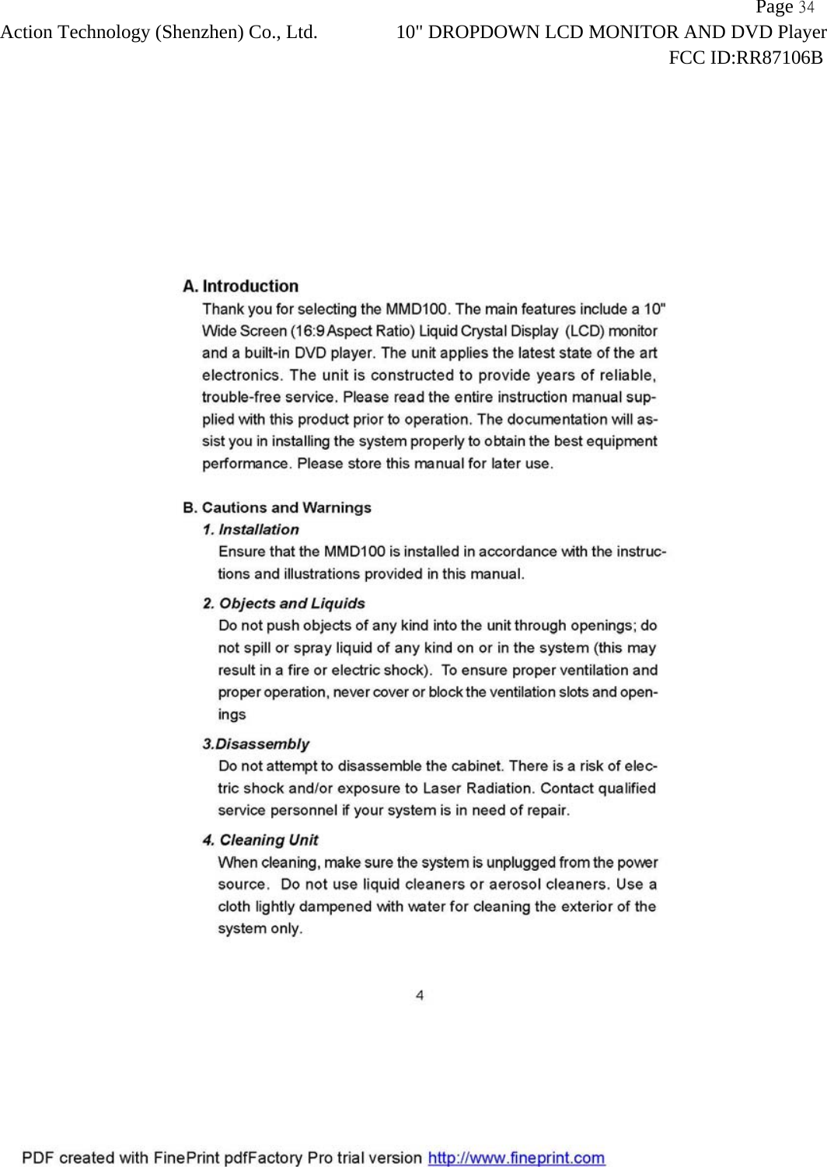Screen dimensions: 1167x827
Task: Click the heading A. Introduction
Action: [240, 286]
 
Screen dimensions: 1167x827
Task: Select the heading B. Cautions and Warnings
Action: [277, 507]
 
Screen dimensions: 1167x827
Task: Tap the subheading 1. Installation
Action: [250, 529]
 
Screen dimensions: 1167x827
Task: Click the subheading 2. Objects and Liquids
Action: [284, 603]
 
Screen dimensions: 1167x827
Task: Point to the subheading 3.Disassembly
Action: [256, 744]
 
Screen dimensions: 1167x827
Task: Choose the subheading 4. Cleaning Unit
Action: [260, 840]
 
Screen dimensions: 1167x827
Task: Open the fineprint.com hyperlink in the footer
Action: [516, 1158]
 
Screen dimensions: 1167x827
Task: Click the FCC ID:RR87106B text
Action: [745, 57]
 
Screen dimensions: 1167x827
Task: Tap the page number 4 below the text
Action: [420, 995]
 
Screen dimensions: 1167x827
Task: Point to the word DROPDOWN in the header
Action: [483, 33]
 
